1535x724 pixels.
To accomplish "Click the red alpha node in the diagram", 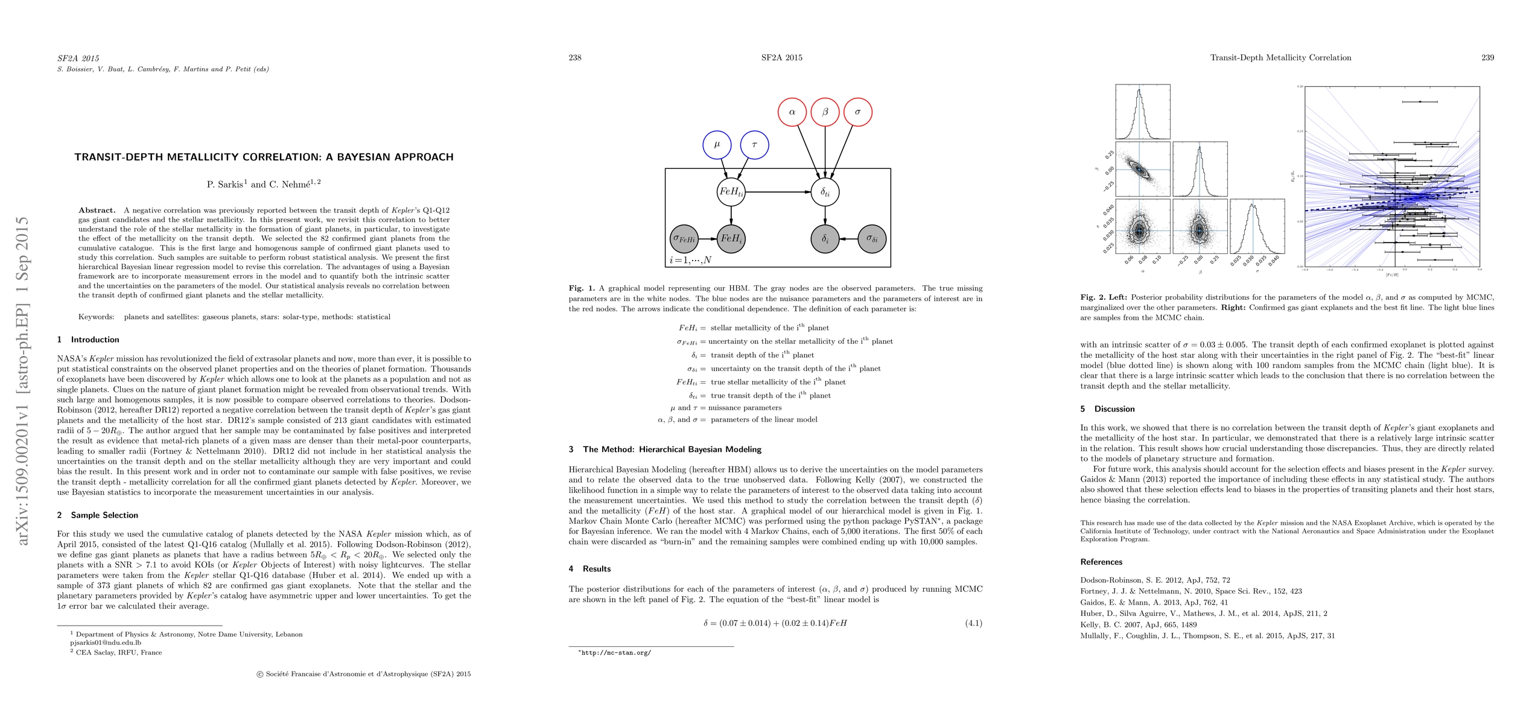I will point(792,112).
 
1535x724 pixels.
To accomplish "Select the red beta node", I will point(825,112).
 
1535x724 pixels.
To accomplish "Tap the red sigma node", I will point(857,112).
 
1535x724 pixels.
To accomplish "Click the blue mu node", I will point(717,145).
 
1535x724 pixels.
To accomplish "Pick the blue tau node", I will point(754,145).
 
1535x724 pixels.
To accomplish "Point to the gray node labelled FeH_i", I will point(731,238).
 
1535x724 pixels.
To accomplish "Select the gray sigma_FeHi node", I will point(684,238).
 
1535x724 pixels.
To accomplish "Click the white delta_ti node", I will point(825,192).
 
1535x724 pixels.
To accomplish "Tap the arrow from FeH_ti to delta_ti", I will point(778,192).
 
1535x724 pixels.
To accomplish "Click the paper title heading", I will point(264,157).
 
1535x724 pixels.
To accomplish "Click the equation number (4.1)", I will point(973,623).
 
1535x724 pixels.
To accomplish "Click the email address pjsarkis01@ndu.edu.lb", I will point(106,643).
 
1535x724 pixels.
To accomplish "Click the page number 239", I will point(1487,57).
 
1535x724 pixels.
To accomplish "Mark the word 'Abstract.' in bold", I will point(97,210).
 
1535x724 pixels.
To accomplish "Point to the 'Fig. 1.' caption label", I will point(582,288).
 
